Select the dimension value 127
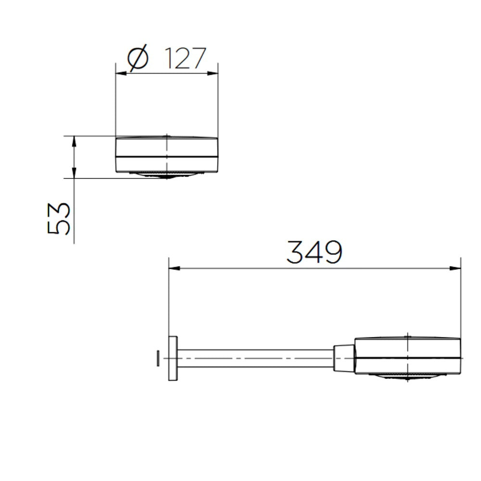point(185,59)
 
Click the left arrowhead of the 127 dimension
point(121,74)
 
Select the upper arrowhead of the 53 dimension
point(74,140)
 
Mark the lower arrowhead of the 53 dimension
point(74,174)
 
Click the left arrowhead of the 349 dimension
point(174,268)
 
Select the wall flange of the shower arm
point(173,358)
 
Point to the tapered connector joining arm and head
point(343,358)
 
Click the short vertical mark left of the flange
point(158,358)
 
